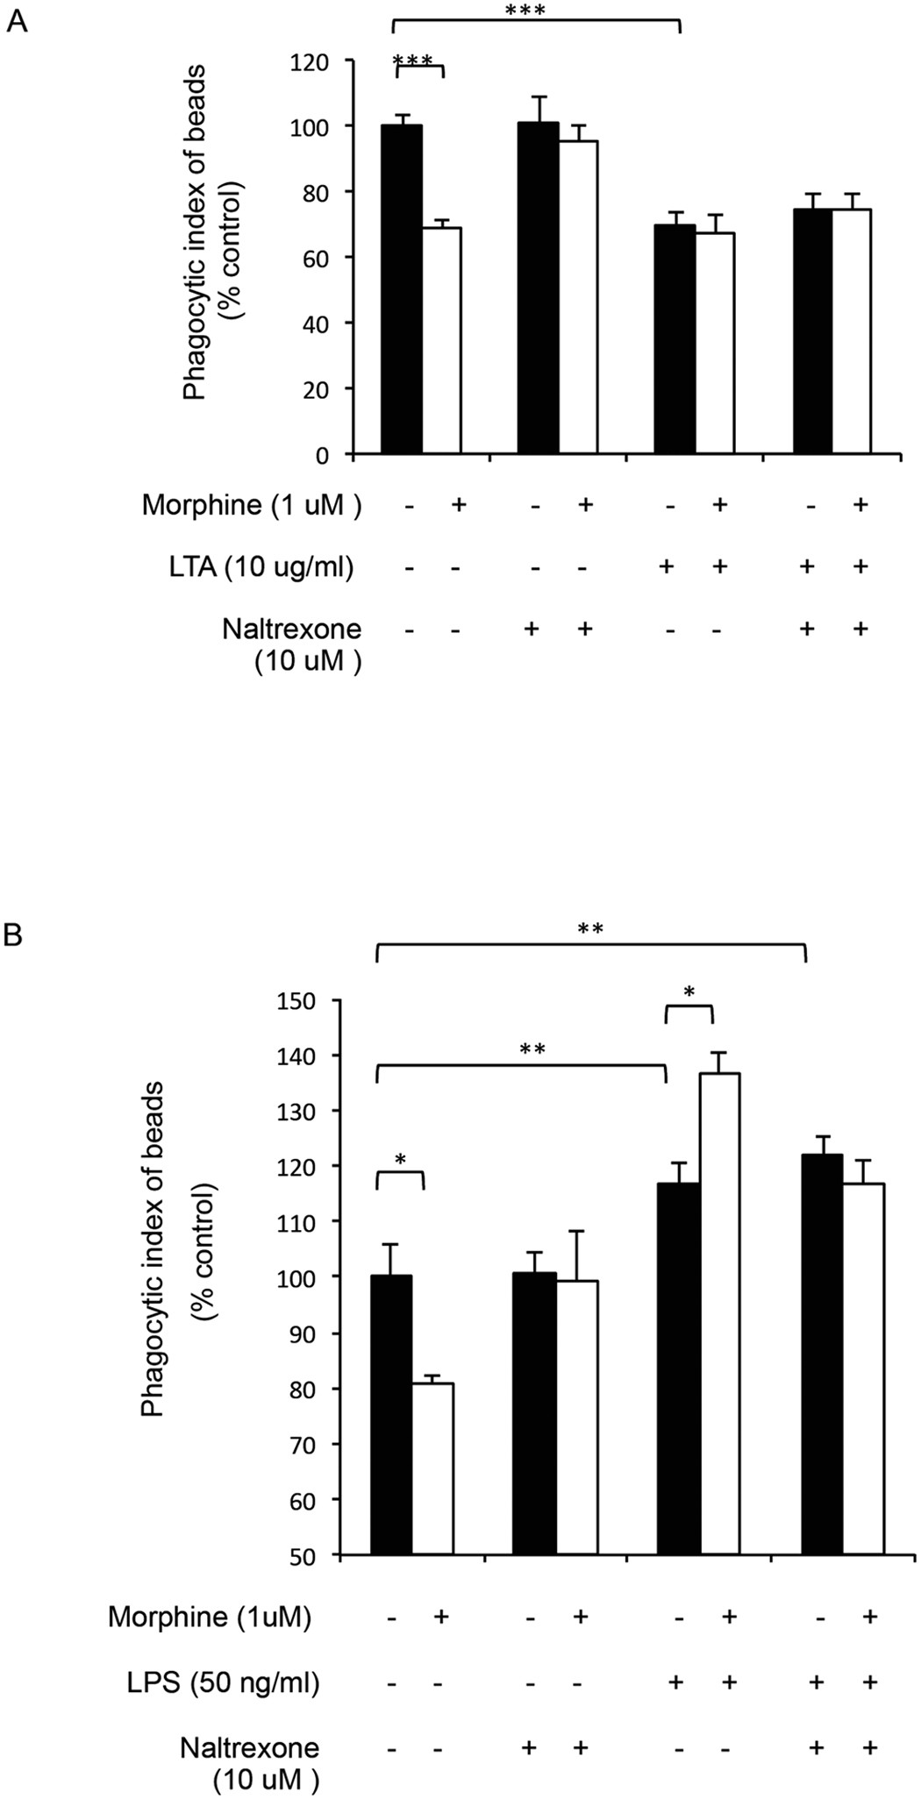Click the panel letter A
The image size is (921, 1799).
[x=17, y=20]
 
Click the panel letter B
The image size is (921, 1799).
[x=13, y=935]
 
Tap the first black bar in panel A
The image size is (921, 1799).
[x=402, y=289]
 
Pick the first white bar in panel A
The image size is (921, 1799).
[x=441, y=342]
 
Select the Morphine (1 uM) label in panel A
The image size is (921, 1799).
[x=252, y=505]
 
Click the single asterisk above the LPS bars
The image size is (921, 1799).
[x=689, y=992]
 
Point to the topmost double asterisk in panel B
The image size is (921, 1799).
[x=590, y=928]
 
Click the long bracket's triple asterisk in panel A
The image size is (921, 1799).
[x=525, y=11]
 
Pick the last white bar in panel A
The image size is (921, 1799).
[x=851, y=331]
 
